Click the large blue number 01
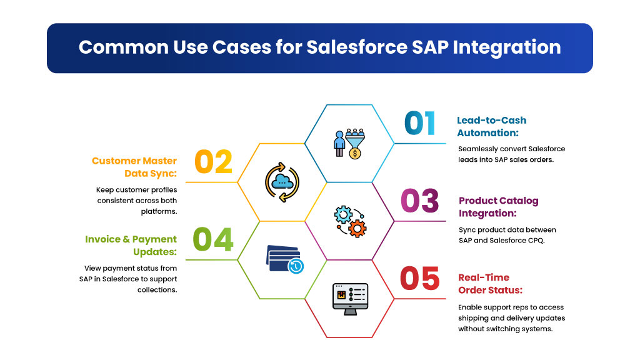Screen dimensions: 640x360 coord(420,123)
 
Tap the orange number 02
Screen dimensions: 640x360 coord(214,162)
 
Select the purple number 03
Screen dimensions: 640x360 coord(420,201)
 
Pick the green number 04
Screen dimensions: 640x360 coord(213,239)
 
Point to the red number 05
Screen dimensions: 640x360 coord(420,279)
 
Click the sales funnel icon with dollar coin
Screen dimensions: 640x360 coord(349,144)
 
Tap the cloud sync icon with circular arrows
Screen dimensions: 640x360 coord(282,182)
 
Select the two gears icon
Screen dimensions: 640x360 coord(350,221)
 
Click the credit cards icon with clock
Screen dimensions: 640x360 coord(284,259)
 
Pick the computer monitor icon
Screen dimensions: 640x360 coord(350,299)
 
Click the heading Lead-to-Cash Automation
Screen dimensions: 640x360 coord(491,126)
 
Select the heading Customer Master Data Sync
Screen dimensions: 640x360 coord(134,167)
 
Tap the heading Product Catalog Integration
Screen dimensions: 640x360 coord(498,207)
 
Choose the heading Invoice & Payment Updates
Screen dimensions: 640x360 coord(131,245)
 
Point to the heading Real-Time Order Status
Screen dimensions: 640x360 coord(490,284)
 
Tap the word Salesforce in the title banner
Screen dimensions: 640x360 coord(357,47)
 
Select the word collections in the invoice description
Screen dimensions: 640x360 coord(157,290)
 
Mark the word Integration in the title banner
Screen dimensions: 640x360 coord(506,48)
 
